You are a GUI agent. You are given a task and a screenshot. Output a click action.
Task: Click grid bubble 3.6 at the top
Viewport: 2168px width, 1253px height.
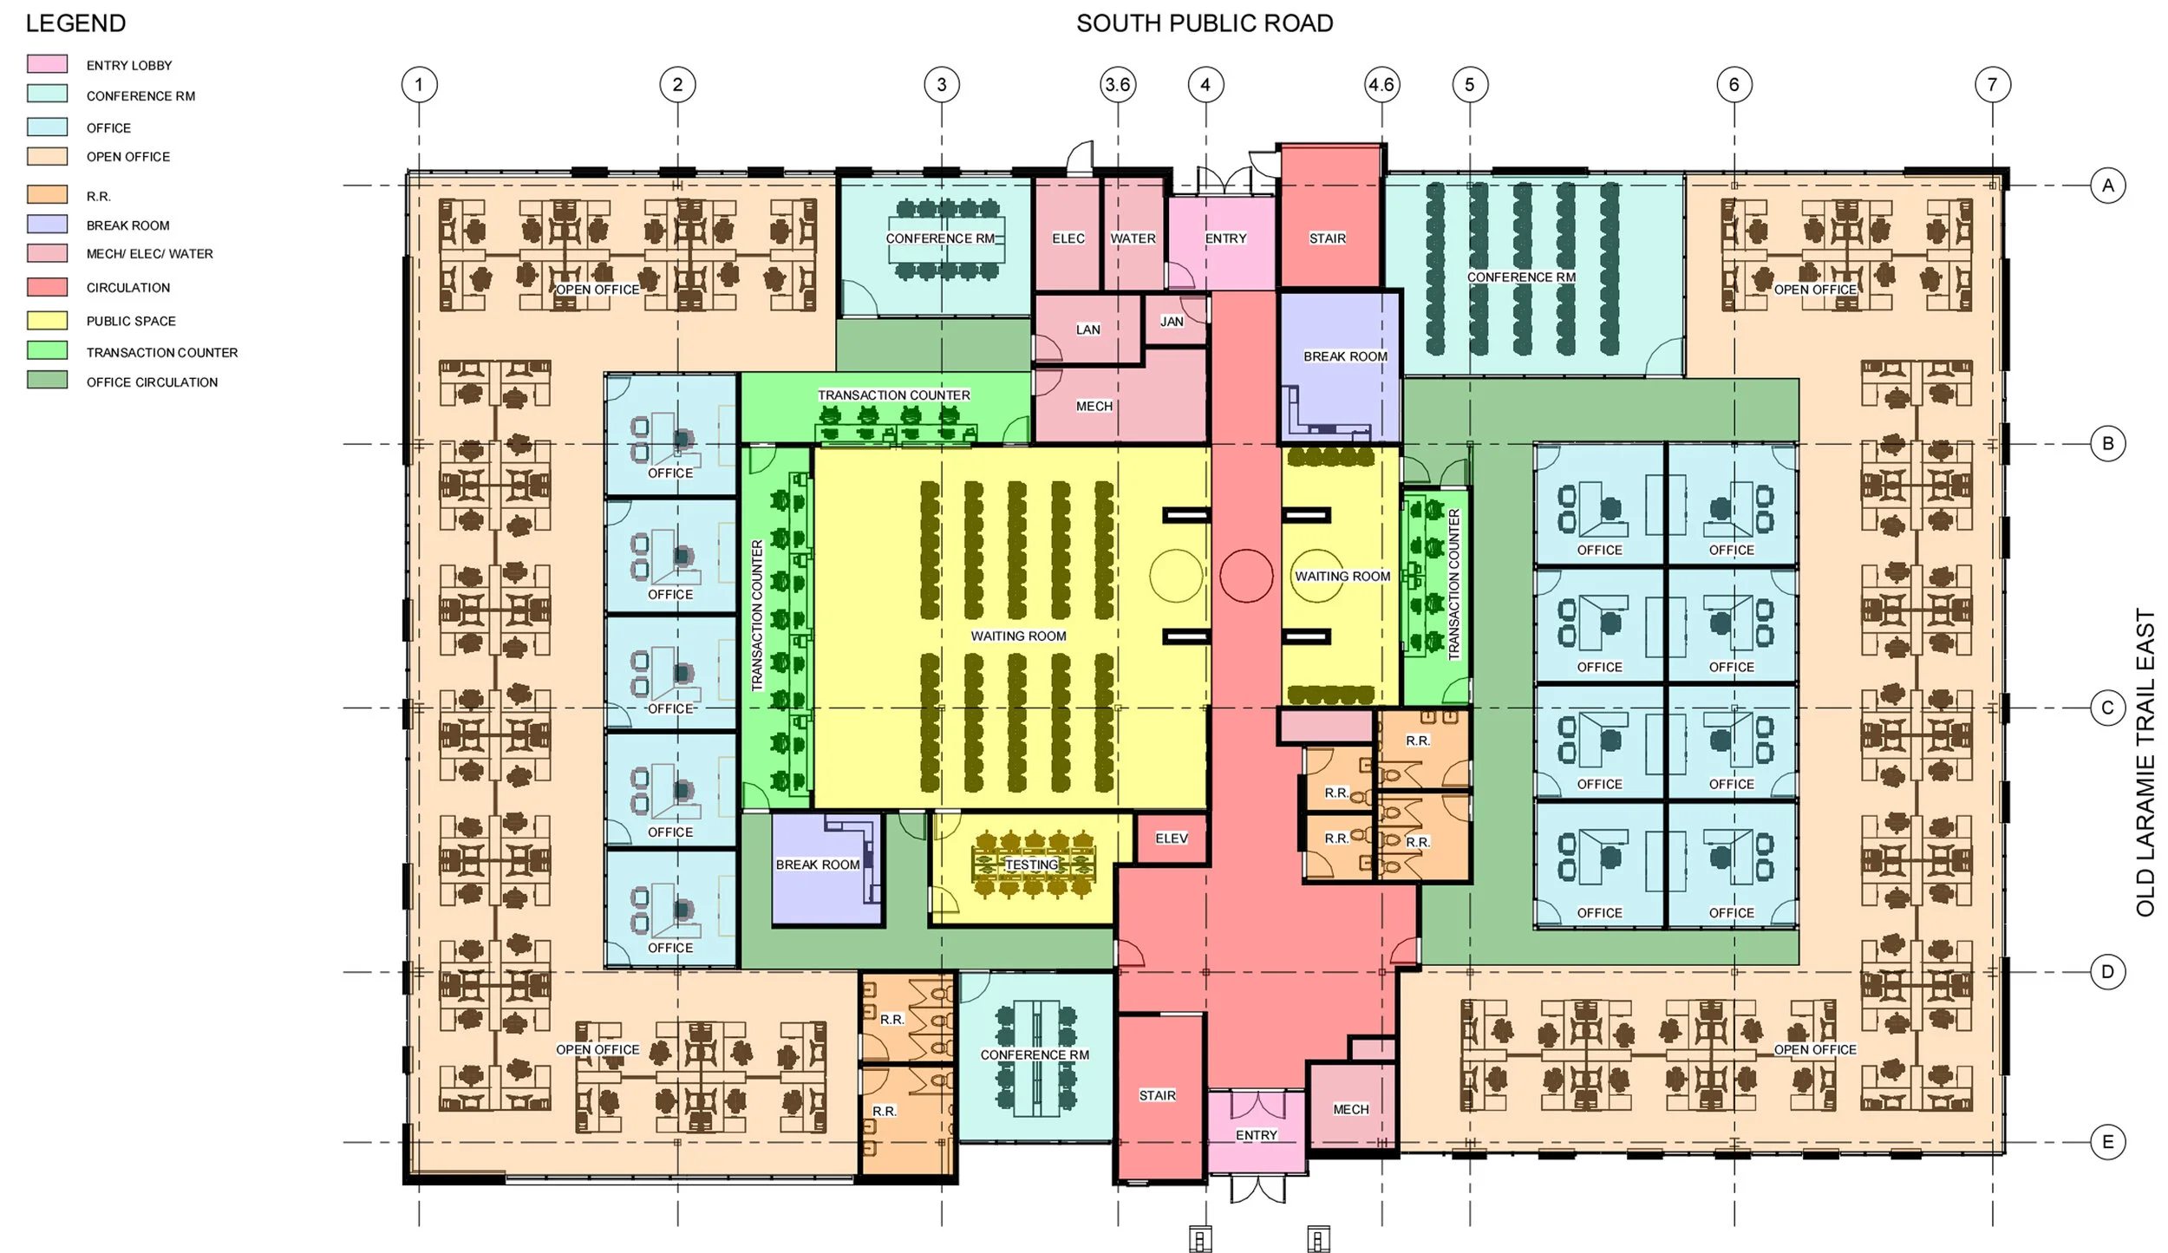point(1117,85)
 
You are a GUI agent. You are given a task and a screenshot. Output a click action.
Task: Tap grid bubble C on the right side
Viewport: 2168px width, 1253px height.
point(2107,708)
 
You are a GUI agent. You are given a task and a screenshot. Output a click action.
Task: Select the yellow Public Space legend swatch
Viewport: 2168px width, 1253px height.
point(47,320)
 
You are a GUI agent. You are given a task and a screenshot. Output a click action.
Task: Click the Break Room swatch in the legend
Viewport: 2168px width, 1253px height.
point(47,224)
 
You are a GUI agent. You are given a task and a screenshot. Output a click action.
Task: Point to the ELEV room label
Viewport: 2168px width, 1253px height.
point(1172,839)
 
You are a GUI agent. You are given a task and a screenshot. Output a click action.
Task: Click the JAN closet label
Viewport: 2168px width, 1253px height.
point(1172,322)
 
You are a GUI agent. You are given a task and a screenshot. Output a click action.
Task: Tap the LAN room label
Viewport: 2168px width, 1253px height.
point(1088,330)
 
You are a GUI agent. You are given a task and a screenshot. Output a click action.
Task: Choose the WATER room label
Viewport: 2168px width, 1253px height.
point(1133,238)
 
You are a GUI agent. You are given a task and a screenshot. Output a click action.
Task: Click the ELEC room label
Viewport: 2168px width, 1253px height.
point(1068,238)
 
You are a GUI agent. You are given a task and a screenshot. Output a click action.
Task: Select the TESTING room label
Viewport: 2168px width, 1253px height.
point(1032,865)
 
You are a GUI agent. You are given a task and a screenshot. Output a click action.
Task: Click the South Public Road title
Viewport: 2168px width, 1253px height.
point(1205,23)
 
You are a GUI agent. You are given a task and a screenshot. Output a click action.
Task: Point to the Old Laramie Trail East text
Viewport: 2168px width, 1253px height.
point(2145,762)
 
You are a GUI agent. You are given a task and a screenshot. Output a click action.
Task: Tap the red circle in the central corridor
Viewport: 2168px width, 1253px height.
point(1246,576)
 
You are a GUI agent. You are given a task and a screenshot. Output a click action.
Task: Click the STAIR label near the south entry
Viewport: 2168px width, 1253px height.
point(1158,1096)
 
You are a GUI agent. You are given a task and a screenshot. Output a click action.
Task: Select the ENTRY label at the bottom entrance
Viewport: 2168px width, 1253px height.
point(1257,1135)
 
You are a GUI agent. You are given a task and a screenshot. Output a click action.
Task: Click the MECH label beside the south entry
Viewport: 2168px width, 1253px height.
point(1351,1109)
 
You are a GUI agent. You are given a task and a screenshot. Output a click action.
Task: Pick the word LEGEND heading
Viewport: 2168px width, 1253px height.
point(75,23)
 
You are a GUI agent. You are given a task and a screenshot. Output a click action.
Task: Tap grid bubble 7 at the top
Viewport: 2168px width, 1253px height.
point(1992,85)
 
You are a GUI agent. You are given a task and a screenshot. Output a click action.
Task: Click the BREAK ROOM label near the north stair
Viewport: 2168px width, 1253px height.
point(1346,356)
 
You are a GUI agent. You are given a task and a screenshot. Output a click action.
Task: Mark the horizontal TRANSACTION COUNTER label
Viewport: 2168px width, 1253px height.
point(894,395)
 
